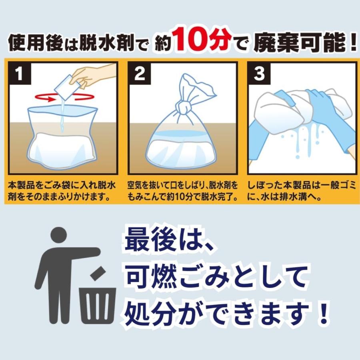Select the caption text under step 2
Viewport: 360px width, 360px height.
[182, 192]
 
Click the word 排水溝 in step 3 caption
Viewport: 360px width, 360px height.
[309, 197]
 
